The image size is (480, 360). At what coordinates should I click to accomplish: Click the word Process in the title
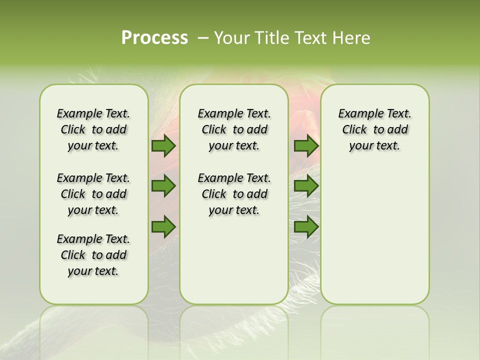[x=154, y=38]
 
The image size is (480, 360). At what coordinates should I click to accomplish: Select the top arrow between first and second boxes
[x=163, y=145]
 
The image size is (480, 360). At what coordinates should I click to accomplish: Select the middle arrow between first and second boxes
[x=163, y=186]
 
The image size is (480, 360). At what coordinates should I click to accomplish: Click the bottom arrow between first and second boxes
[x=163, y=226]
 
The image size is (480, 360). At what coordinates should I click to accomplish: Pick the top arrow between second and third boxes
[x=306, y=145]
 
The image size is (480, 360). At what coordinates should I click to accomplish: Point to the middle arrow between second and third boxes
[x=306, y=186]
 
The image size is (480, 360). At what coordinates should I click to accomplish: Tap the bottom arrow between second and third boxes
[x=306, y=226]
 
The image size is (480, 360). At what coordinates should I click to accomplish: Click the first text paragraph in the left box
[x=93, y=129]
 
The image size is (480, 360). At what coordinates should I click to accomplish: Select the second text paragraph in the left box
[x=93, y=194]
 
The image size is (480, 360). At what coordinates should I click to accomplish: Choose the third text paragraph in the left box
[x=93, y=255]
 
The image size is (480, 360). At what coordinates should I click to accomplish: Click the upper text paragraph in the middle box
[x=234, y=129]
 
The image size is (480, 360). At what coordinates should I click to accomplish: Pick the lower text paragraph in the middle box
[x=234, y=194]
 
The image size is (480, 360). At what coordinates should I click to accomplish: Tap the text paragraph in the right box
[x=375, y=129]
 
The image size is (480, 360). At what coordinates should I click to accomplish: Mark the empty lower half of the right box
[x=375, y=240]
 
